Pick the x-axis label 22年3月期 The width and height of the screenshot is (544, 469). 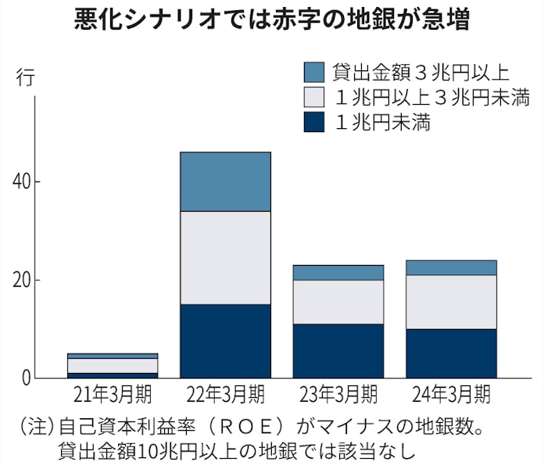click(x=225, y=392)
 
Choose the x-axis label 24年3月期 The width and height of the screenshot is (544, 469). click(x=451, y=392)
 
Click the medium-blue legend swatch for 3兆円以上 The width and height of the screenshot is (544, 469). click(x=313, y=72)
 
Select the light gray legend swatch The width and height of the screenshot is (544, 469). click(x=313, y=97)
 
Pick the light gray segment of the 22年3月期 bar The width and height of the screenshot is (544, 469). click(x=225, y=258)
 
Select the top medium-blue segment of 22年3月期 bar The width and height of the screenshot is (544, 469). click(x=225, y=181)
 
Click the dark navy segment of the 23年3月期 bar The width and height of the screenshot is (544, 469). click(x=338, y=351)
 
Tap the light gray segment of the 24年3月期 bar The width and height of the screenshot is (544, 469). click(x=451, y=302)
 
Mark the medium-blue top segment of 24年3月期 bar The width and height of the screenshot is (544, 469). click(x=451, y=267)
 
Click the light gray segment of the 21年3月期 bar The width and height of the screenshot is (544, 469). click(x=113, y=366)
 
